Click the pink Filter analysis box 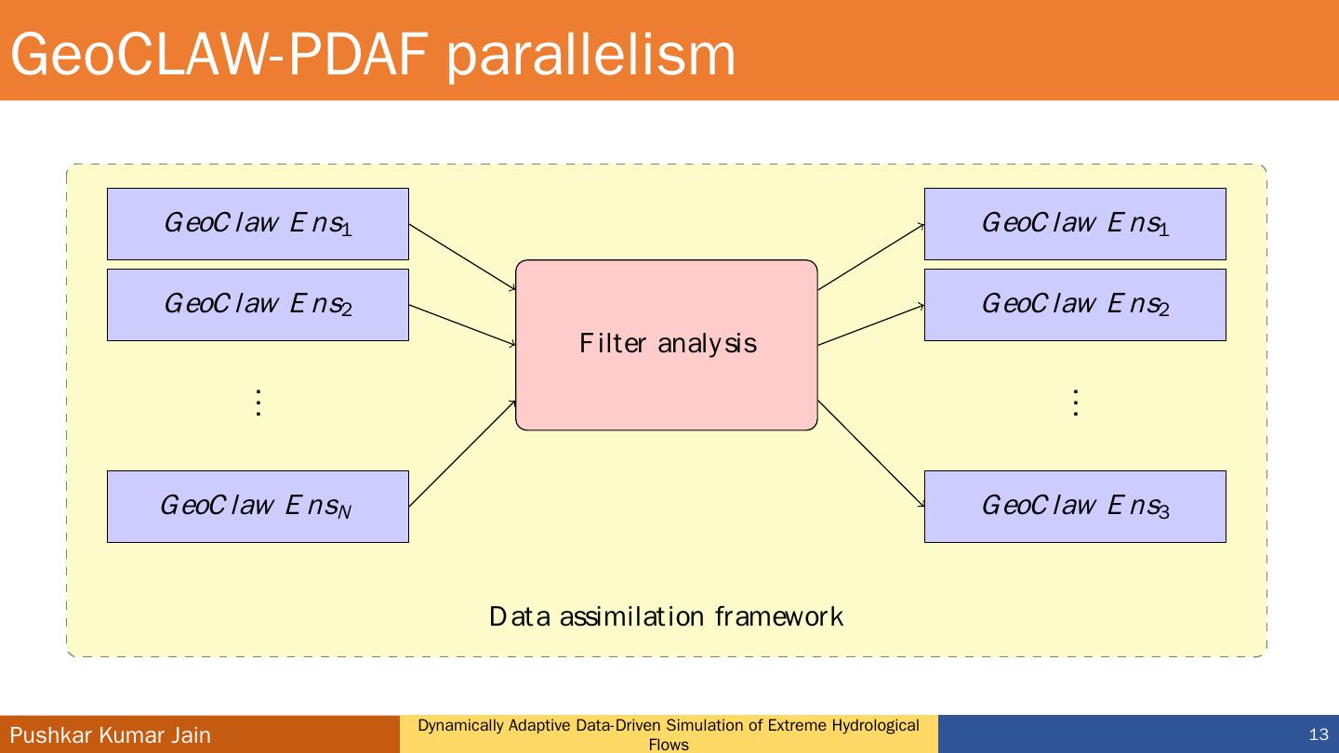tap(667, 345)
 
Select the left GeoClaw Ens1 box tap(258, 224)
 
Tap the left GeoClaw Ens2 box tap(258, 305)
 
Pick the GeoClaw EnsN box tap(258, 507)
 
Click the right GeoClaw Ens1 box tap(1075, 224)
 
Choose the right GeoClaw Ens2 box tap(1075, 305)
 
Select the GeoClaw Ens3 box tap(1075, 507)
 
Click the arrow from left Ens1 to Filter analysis tap(462, 257)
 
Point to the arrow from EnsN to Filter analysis tap(462, 454)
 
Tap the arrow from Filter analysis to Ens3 tap(871, 454)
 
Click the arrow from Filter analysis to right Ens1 tap(871, 257)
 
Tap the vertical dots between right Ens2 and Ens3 tap(1076, 403)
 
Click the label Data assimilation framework tap(666, 616)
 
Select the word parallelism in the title tap(590, 54)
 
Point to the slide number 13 tap(1319, 734)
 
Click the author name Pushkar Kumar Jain tap(111, 735)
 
